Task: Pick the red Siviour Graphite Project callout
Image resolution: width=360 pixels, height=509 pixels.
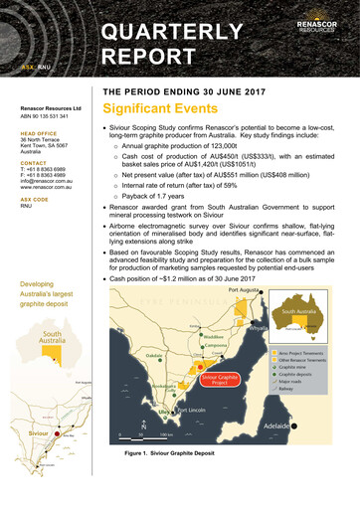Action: (218, 379)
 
